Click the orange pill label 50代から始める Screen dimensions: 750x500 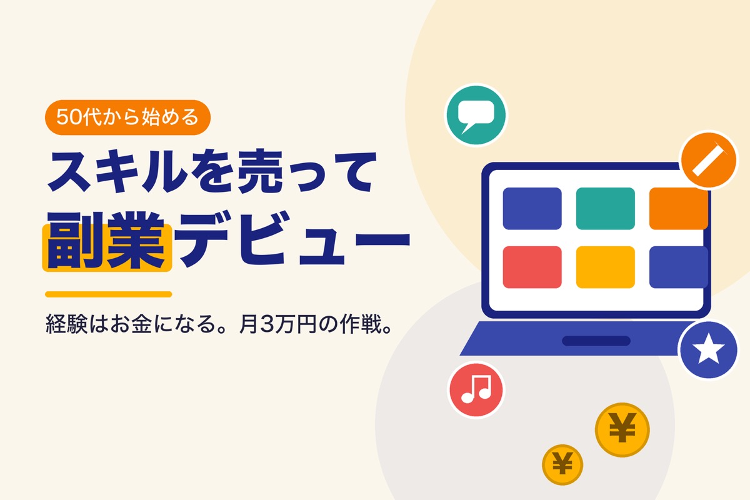(x=127, y=117)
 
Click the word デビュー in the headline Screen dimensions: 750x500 (x=292, y=239)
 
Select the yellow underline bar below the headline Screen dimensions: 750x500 (x=109, y=294)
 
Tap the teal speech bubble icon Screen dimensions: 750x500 (x=476, y=115)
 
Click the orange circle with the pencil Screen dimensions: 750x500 (x=709, y=160)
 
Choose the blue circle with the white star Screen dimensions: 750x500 (x=708, y=349)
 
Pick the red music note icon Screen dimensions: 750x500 (x=476, y=390)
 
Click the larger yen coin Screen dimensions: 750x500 (x=622, y=429)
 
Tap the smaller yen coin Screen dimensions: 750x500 (x=562, y=464)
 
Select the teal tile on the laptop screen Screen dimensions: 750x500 (x=606, y=208)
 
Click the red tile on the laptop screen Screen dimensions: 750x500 (x=532, y=267)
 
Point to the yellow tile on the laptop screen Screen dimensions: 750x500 (x=606, y=267)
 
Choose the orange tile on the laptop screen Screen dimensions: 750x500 (x=678, y=208)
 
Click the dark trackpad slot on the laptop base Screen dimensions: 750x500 (x=596, y=341)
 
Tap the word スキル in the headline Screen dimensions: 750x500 (x=117, y=172)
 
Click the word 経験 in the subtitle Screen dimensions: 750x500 (x=67, y=324)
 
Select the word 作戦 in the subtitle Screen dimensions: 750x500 (x=361, y=324)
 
